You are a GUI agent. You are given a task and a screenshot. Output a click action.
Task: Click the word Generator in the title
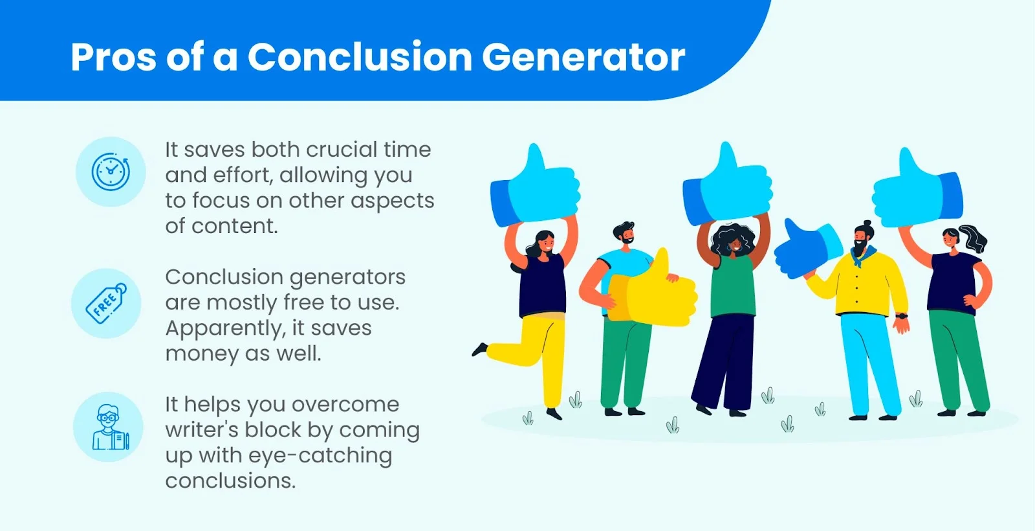tap(583, 58)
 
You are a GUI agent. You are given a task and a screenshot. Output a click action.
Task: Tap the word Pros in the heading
tap(114, 58)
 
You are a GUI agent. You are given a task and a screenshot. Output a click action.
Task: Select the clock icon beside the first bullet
tap(111, 172)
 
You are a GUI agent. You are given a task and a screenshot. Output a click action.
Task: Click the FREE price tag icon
tap(106, 304)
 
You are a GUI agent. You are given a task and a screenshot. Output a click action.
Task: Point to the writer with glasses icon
tap(111, 427)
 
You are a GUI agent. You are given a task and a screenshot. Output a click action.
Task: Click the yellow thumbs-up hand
tap(651, 291)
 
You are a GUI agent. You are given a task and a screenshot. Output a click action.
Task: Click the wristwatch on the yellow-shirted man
tap(902, 317)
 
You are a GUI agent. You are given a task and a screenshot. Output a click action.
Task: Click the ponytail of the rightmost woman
tap(973, 238)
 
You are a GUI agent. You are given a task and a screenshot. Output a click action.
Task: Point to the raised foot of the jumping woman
tap(479, 349)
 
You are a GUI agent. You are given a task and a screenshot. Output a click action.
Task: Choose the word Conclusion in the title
tap(360, 58)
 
